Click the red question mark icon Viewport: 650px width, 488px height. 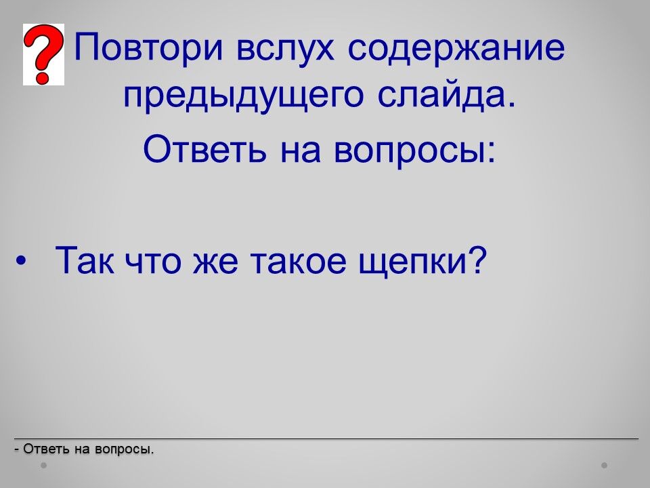click(43, 54)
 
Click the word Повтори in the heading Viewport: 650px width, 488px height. click(149, 47)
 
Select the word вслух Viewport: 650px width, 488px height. click(285, 47)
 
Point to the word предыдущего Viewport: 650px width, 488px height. click(243, 96)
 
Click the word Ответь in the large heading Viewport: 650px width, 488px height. click(204, 148)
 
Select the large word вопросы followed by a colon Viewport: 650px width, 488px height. click(414, 151)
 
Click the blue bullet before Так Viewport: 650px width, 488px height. click(21, 261)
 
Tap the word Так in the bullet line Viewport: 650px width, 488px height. click(85, 260)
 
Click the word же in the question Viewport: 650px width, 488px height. click(215, 263)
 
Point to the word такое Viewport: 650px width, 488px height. click(299, 263)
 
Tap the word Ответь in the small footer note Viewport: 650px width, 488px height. click(46, 449)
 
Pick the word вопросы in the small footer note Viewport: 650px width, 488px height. click(124, 450)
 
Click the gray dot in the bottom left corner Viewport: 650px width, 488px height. click(43, 466)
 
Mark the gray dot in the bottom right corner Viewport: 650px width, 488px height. click(605, 466)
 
